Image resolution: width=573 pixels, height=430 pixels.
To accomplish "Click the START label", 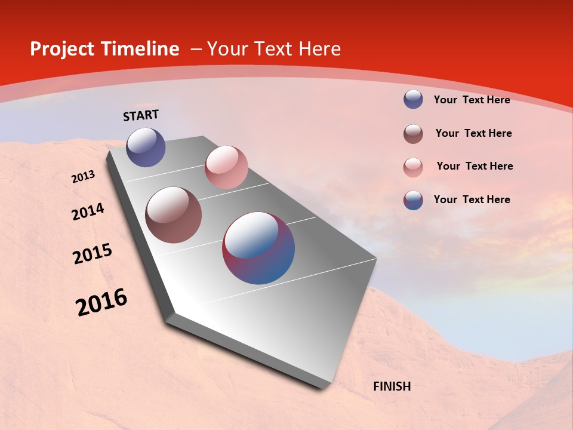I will [141, 115].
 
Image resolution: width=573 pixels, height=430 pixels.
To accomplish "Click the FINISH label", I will [392, 386].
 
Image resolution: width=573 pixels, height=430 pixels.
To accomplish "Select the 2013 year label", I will [84, 177].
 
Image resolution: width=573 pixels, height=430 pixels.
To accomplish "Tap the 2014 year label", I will [88, 212].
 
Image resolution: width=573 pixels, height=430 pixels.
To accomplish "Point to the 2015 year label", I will [93, 254].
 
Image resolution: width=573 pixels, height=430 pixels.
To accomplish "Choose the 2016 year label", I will [101, 302].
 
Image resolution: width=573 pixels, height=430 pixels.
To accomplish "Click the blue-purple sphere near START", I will [146, 147].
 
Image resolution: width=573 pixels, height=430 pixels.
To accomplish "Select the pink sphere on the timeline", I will [226, 167].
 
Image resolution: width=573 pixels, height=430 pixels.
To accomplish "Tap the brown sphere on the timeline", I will [174, 215].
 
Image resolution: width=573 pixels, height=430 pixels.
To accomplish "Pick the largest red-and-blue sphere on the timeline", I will [258, 248].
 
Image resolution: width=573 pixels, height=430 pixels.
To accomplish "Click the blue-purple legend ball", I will [413, 99].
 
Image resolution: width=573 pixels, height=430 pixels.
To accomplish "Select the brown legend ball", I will [413, 134].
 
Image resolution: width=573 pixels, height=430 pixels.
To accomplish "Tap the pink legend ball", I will [413, 167].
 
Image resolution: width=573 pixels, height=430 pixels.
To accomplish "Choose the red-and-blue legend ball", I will [413, 200].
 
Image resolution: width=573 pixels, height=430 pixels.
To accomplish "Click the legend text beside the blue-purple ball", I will [472, 100].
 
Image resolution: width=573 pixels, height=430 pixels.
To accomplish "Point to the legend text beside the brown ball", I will [473, 133].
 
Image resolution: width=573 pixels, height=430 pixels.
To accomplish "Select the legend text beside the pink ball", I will [475, 166].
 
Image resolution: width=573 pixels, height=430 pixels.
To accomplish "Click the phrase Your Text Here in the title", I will [274, 49].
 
